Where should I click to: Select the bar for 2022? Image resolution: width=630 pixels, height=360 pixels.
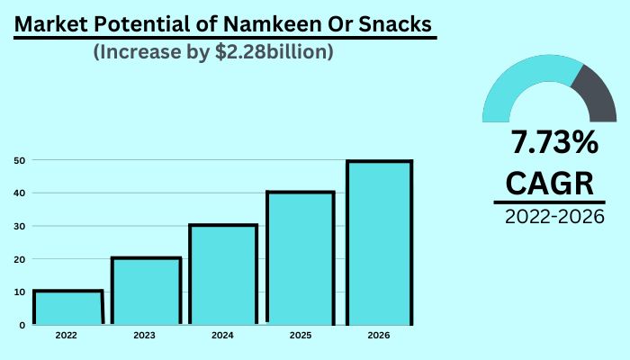(x=67, y=307)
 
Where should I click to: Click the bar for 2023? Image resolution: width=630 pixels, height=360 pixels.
(x=146, y=290)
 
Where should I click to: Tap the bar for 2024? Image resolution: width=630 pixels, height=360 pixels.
(x=222, y=274)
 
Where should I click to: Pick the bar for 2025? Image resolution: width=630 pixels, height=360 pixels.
(x=301, y=257)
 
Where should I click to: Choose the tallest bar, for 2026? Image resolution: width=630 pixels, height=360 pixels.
(x=379, y=242)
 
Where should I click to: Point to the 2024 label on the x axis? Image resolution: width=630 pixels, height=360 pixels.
(x=222, y=336)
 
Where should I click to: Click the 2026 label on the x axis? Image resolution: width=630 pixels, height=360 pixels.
(x=379, y=336)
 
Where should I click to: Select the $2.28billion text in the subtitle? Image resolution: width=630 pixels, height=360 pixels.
(x=274, y=53)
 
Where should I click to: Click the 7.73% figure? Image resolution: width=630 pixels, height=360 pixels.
(x=553, y=144)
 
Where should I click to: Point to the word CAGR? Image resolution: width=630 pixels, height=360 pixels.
(x=550, y=183)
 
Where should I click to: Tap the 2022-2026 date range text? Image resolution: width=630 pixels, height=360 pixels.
(x=553, y=217)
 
